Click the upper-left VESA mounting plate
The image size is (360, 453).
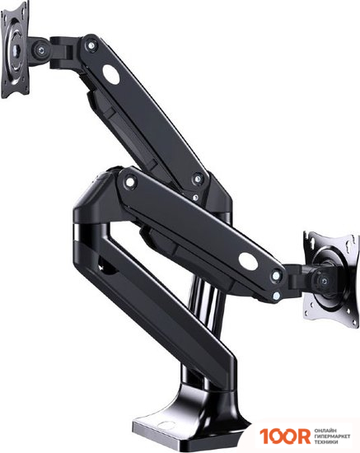click(x=15, y=49)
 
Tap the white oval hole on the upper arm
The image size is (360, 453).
click(x=111, y=74)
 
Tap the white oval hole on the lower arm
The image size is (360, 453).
click(x=248, y=261)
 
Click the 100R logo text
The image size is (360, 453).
click(x=284, y=436)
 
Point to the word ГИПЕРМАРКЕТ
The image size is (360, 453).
click(x=332, y=437)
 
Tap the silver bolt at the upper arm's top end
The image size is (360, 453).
click(x=91, y=45)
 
